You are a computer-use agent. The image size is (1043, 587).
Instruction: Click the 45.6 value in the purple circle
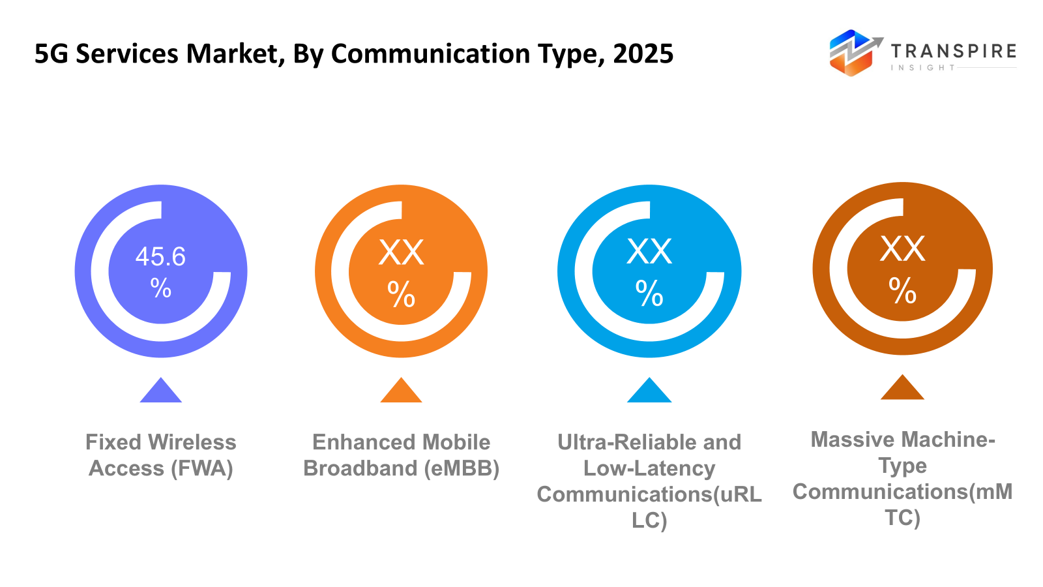coord(160,257)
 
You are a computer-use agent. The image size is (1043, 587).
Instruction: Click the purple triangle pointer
coord(160,391)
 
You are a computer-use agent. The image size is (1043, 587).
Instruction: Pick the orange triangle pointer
coord(401,391)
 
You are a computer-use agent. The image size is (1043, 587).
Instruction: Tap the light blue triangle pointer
coord(649,391)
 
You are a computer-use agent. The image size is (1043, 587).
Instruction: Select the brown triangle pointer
coord(902,389)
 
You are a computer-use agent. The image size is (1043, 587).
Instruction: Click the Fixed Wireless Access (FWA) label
coord(160,455)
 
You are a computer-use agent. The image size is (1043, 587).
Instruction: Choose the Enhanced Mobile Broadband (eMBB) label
coord(401,455)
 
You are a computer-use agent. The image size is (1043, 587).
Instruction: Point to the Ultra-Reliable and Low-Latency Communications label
coord(649,481)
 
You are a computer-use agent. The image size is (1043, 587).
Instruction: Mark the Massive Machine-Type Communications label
coord(902,478)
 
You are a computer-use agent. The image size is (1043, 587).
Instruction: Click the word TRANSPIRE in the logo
coord(953,51)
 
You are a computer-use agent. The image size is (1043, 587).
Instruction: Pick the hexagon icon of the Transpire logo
coord(851,53)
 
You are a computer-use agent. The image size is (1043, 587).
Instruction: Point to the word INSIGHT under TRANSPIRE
coord(922,68)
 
